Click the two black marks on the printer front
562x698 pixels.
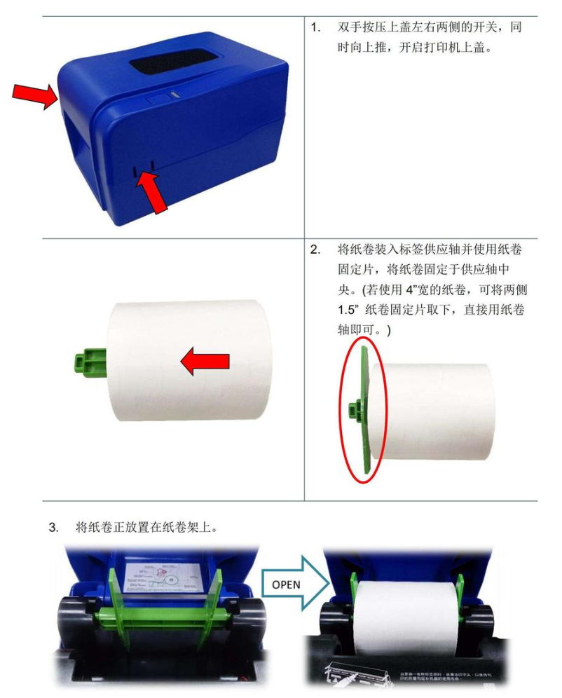142,169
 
